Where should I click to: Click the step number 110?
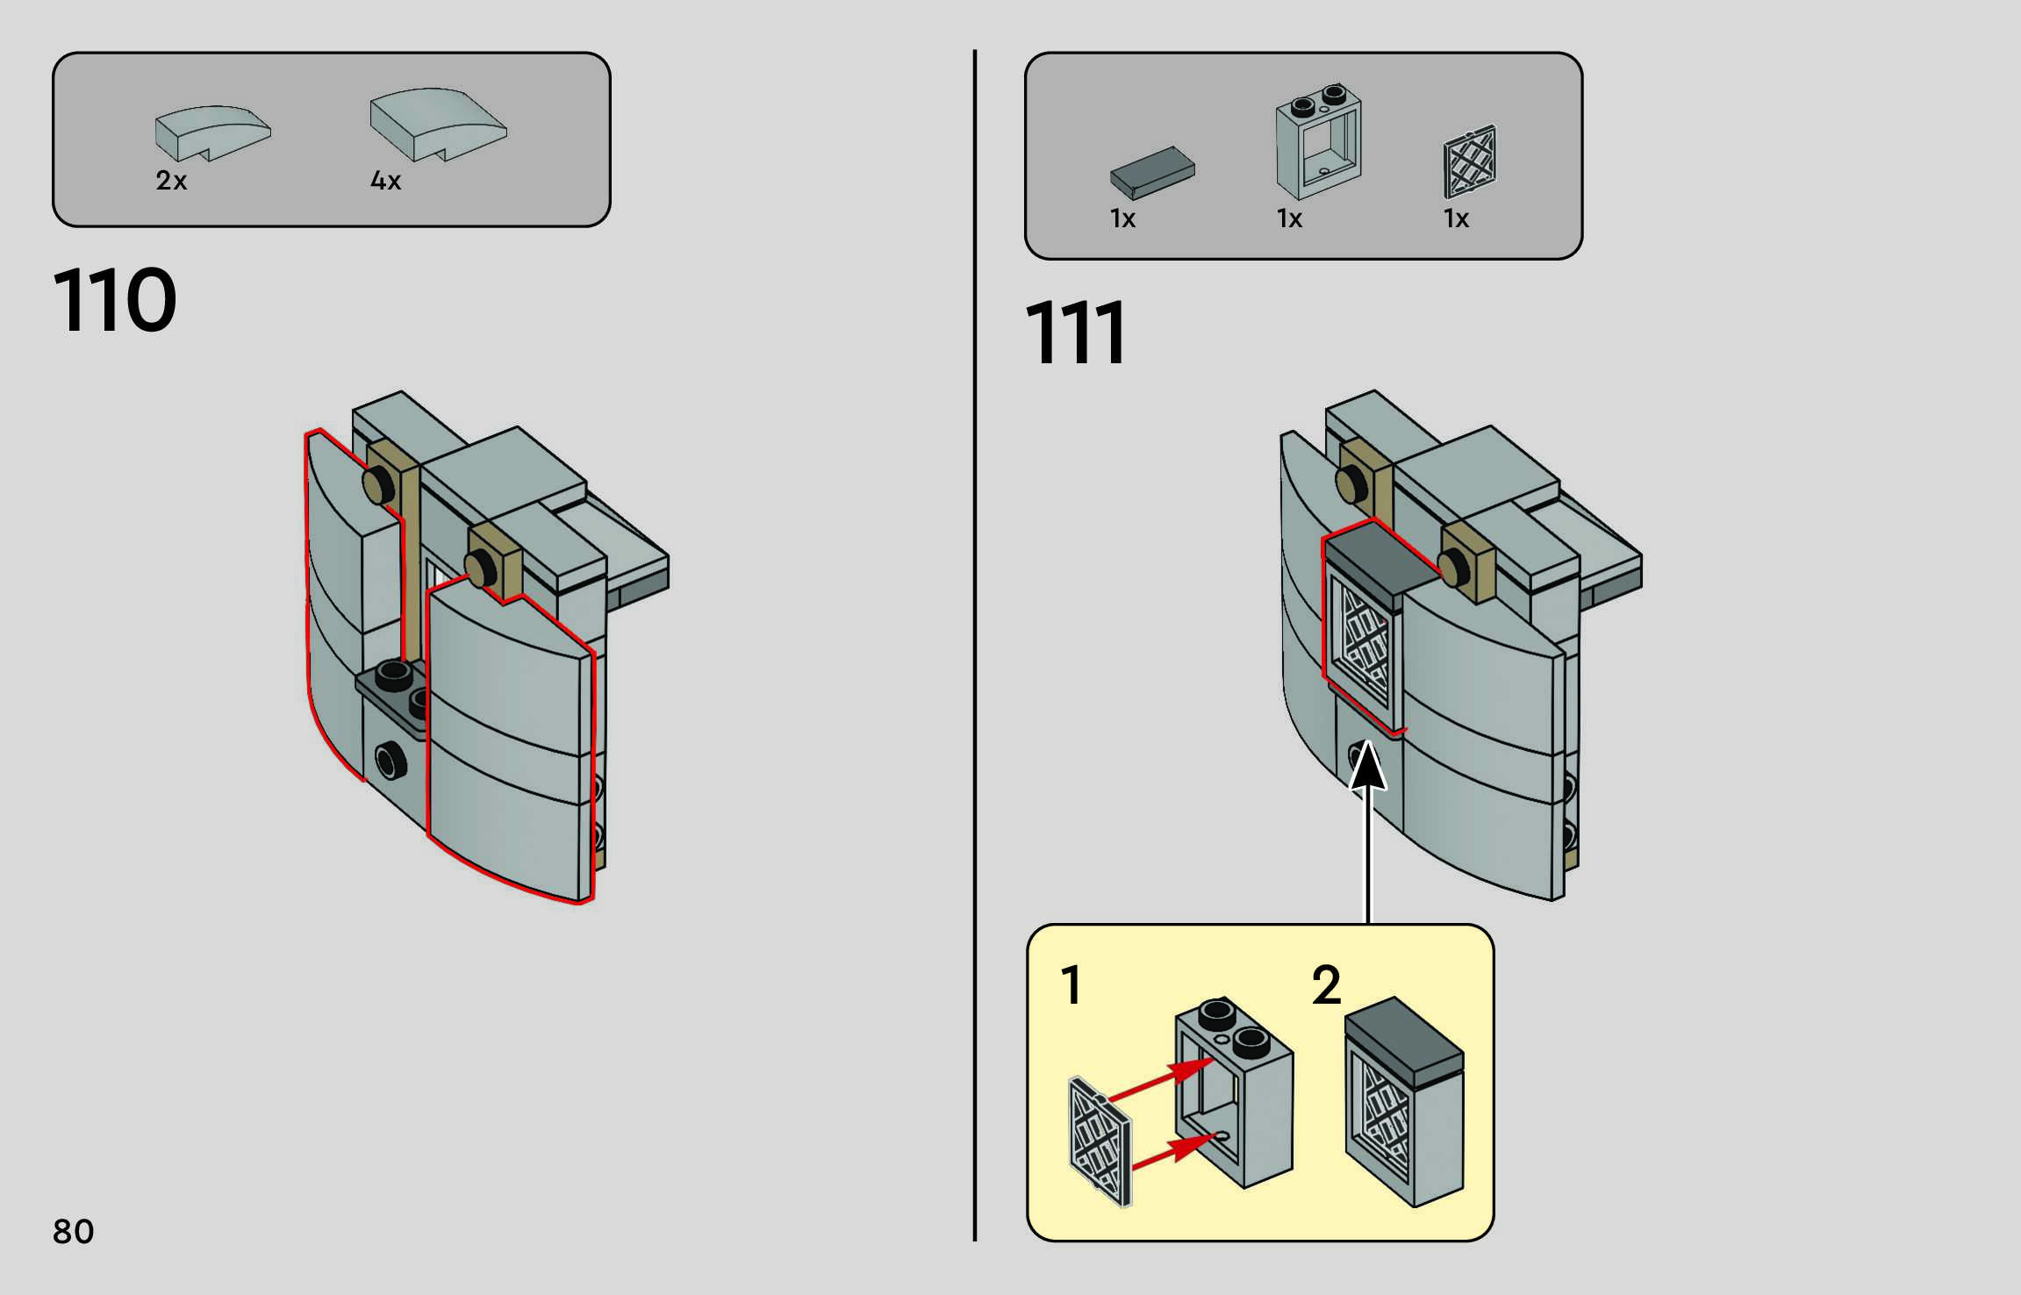click(115, 300)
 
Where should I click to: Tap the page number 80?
click(74, 1231)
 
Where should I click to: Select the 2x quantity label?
click(171, 181)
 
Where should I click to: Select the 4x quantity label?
click(386, 181)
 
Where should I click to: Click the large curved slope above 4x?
click(438, 124)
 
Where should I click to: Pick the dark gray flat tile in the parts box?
click(1152, 173)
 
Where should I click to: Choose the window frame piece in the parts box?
click(1319, 142)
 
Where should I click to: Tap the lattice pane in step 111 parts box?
click(1470, 162)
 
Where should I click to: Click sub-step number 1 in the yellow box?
click(1071, 985)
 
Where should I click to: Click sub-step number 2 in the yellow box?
click(1326, 985)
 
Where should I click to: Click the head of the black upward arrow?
click(1367, 766)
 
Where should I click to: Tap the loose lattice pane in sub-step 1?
click(1100, 1141)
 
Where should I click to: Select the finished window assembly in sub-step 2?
click(1404, 1102)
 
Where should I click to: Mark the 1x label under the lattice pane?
click(1456, 218)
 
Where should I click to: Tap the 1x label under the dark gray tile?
click(1122, 218)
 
